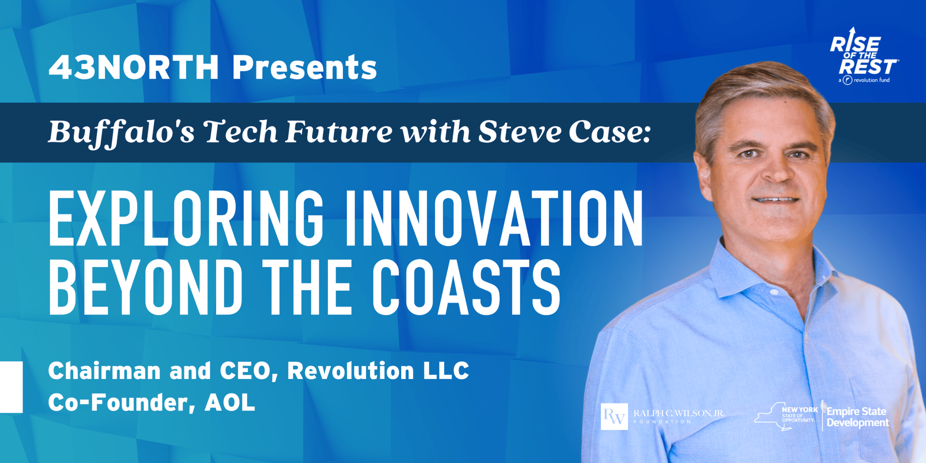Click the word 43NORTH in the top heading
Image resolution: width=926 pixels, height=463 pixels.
[x=134, y=67]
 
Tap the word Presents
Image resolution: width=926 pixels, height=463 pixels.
[x=304, y=67]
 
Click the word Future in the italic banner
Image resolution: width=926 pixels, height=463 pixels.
[x=339, y=132]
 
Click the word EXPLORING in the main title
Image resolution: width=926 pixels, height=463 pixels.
[x=186, y=218]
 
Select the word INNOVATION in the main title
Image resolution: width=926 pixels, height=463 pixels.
[x=493, y=218]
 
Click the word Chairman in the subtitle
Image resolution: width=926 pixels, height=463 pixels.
[x=104, y=370]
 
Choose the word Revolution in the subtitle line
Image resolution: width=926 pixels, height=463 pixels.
[x=351, y=370]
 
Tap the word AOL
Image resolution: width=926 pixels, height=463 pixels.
[x=230, y=402]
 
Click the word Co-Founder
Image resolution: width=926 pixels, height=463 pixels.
[x=120, y=403]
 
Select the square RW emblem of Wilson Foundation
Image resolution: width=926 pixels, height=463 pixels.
[x=614, y=416]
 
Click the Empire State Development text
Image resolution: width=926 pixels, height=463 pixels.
[x=858, y=417]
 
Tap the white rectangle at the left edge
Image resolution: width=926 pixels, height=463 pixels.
[x=11, y=387]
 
